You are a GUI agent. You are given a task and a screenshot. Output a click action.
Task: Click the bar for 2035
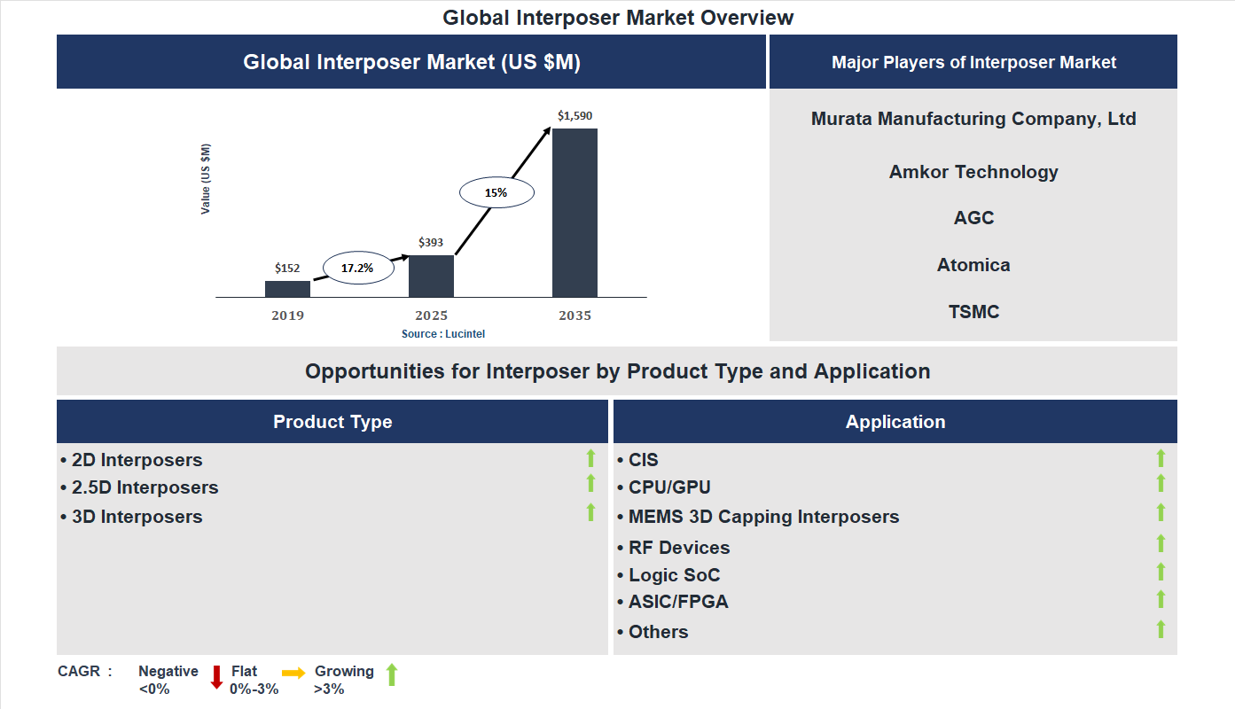tap(575, 213)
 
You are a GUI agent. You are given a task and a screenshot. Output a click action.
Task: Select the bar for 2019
tap(287, 289)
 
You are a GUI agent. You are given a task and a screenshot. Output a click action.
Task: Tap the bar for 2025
tap(431, 276)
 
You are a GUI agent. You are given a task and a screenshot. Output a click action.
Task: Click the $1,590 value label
tap(575, 115)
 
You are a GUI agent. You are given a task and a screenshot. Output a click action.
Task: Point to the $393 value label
tap(431, 242)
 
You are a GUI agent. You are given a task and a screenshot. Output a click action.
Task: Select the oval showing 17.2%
tap(357, 267)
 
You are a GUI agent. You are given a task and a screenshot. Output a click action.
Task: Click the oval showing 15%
tap(496, 192)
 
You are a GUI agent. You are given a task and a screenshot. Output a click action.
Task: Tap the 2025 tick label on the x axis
tap(431, 316)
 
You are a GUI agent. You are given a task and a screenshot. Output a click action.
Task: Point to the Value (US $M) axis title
tap(206, 179)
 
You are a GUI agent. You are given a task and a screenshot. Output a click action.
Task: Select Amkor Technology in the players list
tap(973, 172)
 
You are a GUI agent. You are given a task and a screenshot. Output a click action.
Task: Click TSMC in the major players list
tap(973, 312)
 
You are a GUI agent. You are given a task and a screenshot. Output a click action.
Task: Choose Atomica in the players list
tap(973, 265)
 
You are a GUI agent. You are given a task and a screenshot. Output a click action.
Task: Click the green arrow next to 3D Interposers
tap(590, 512)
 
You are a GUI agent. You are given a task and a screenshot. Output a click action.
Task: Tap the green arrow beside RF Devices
tap(1161, 543)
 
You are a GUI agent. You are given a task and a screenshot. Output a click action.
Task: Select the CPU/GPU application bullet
tap(669, 487)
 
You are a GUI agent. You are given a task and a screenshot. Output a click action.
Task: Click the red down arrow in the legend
tap(215, 678)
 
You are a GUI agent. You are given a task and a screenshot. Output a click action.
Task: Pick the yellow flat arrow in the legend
tap(293, 674)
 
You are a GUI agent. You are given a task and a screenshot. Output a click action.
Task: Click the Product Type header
tap(332, 422)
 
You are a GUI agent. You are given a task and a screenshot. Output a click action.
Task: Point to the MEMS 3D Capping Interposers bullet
tap(762, 517)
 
